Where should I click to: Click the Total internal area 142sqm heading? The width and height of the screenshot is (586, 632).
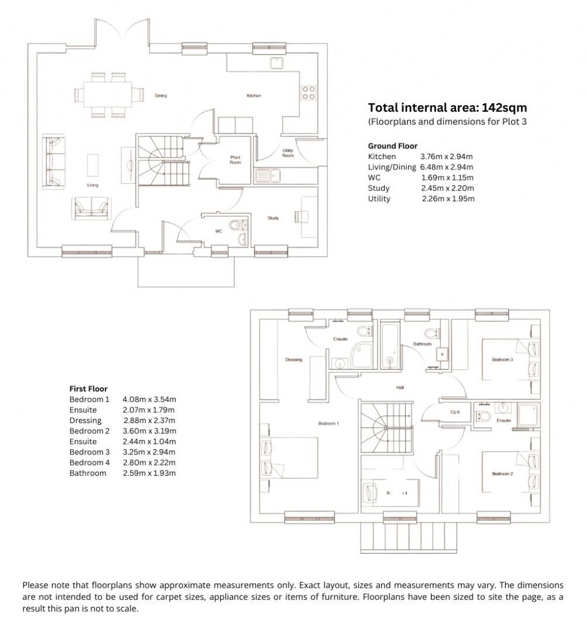(447, 107)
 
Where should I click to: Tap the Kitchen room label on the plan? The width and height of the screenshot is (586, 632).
(254, 96)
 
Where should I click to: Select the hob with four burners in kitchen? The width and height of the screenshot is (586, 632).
(308, 93)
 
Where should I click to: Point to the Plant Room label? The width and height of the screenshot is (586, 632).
(235, 160)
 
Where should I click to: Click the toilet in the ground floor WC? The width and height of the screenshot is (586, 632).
(236, 226)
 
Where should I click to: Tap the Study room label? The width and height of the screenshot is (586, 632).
(272, 218)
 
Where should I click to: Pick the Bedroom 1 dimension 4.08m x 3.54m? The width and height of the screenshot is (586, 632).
(149, 399)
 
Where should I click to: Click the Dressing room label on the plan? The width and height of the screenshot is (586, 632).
(293, 360)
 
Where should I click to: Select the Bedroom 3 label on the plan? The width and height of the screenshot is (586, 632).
(502, 360)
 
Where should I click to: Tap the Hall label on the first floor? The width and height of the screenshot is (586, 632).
(400, 388)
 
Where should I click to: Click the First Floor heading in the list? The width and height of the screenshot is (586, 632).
(88, 389)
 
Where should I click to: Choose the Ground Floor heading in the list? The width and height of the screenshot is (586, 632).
(392, 146)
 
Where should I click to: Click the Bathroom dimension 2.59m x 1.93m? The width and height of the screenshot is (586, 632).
(149, 473)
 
